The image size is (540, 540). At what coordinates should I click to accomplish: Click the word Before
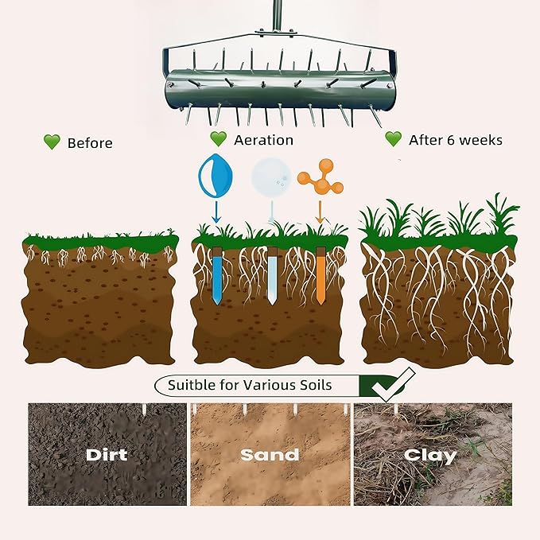[x=90, y=143]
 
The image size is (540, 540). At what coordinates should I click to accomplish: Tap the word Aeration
[x=264, y=140]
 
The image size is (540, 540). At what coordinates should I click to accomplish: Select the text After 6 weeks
[x=456, y=140]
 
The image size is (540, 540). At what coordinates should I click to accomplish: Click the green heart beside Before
[x=52, y=142]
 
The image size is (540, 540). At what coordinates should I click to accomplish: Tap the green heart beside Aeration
[x=219, y=139]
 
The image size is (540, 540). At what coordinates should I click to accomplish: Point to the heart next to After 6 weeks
[x=394, y=139]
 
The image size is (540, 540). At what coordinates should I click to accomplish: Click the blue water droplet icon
[x=216, y=175]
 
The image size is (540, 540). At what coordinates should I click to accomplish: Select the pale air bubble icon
[x=271, y=177]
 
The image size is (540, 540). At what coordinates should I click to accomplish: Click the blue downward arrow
[x=216, y=212]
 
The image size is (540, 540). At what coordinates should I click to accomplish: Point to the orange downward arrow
[x=320, y=212]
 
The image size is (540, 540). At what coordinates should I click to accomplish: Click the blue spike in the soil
[x=217, y=276]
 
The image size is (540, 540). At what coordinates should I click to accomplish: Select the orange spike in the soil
[x=321, y=276]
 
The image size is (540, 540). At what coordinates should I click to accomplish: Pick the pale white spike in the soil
[x=273, y=276]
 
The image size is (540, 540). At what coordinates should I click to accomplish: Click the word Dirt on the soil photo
[x=107, y=455]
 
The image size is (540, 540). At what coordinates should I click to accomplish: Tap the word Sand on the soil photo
[x=270, y=455]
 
